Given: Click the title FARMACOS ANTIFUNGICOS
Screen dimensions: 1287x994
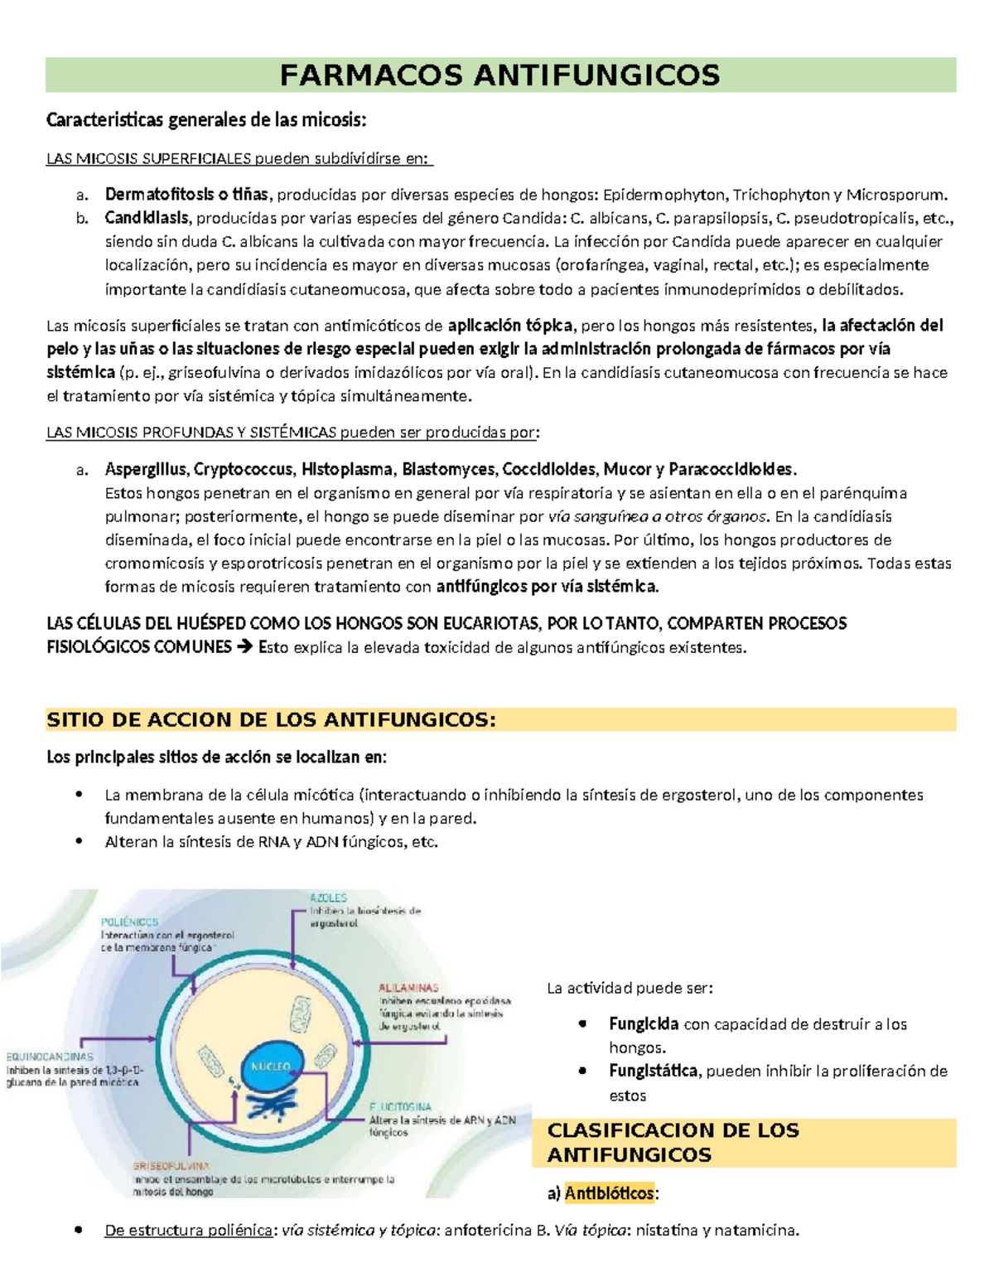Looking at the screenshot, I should click(499, 75).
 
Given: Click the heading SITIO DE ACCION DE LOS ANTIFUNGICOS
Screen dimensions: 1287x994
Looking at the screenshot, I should click(271, 719).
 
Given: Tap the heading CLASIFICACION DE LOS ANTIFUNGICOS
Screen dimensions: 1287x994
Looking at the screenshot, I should click(673, 1142).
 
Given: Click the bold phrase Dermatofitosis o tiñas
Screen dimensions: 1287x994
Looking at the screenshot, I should click(186, 195).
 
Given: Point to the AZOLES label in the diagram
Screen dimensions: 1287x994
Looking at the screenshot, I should click(328, 898).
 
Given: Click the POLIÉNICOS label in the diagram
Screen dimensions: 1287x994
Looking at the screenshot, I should click(129, 922).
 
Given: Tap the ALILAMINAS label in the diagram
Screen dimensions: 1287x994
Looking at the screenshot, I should click(408, 988).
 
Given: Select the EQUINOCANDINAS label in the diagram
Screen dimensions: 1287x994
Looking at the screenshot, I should click(50, 1057).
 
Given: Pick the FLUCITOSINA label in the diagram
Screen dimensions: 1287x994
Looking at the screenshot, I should click(401, 1106).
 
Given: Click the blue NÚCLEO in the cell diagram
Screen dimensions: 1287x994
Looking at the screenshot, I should click(269, 1067).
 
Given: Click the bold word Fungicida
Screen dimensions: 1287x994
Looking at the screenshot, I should click(644, 1023).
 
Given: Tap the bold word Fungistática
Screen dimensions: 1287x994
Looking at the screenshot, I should click(653, 1071).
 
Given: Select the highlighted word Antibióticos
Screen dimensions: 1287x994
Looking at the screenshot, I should click(610, 1193).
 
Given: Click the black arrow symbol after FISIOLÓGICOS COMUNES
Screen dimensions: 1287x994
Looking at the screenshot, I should click(244, 646).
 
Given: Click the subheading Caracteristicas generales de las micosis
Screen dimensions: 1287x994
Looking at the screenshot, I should click(205, 120).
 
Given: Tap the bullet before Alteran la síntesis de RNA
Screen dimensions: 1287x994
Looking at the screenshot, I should click(80, 841).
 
